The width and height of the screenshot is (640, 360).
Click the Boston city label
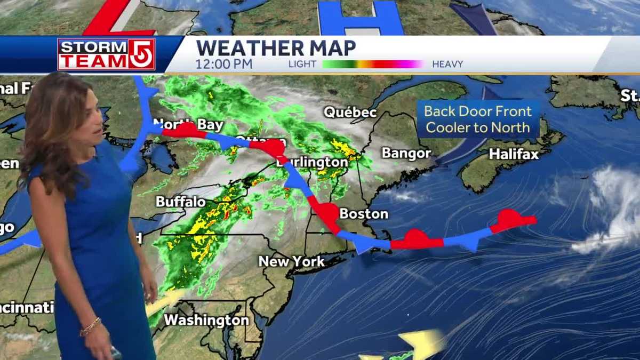coord(364,214)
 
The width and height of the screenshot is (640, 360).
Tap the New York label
coord(291,261)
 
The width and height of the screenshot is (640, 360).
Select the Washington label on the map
coord(206,320)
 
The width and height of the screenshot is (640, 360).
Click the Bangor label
coord(406,154)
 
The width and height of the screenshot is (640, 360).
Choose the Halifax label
coord(514,154)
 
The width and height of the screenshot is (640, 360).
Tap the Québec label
coord(350,113)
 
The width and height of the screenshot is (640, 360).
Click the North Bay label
coord(188,124)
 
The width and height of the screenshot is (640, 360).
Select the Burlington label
coord(312,162)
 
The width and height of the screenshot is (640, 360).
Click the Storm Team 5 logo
coord(106,54)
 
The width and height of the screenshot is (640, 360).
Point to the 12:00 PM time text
coord(224,64)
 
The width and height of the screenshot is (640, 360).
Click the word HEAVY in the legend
coord(447,64)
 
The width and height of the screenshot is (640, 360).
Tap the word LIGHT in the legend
coord(302,64)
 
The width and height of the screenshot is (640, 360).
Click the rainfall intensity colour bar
coord(373,64)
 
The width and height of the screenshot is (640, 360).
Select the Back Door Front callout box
coord(478,119)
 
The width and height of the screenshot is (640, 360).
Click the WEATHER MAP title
coord(276,48)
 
